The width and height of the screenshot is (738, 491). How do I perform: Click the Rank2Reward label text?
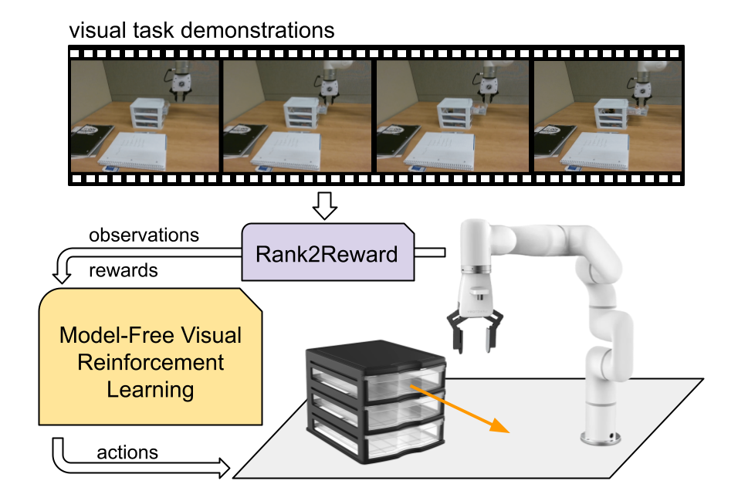(328, 253)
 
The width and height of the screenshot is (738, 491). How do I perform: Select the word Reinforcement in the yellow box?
(151, 362)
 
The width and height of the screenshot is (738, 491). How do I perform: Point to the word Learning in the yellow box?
(151, 388)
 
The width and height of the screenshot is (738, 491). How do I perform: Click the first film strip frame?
(145, 116)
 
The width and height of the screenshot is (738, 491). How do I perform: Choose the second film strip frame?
(296, 116)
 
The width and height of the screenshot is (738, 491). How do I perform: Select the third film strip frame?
(452, 116)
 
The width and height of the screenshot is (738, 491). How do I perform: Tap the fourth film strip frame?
(608, 116)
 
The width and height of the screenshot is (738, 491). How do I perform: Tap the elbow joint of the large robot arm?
(594, 262)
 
